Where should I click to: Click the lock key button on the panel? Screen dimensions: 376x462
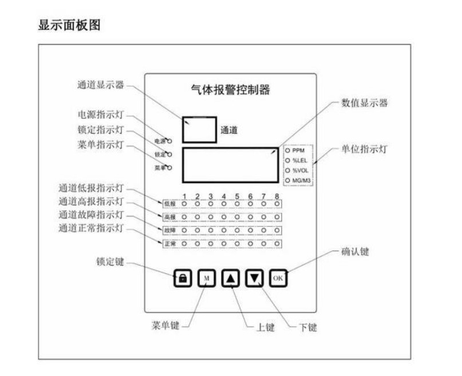(x=183, y=278)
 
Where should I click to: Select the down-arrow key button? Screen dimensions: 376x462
(x=255, y=278)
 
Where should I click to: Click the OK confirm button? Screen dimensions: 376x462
(x=278, y=278)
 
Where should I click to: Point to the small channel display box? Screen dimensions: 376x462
(x=199, y=130)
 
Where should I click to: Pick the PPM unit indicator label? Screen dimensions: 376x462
(x=298, y=151)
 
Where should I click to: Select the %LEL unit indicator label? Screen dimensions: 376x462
(x=299, y=161)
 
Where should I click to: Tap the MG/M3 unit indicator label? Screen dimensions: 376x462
(x=301, y=181)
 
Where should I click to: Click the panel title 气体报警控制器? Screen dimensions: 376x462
(x=230, y=90)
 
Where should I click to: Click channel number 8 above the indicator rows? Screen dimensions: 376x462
(x=277, y=197)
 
